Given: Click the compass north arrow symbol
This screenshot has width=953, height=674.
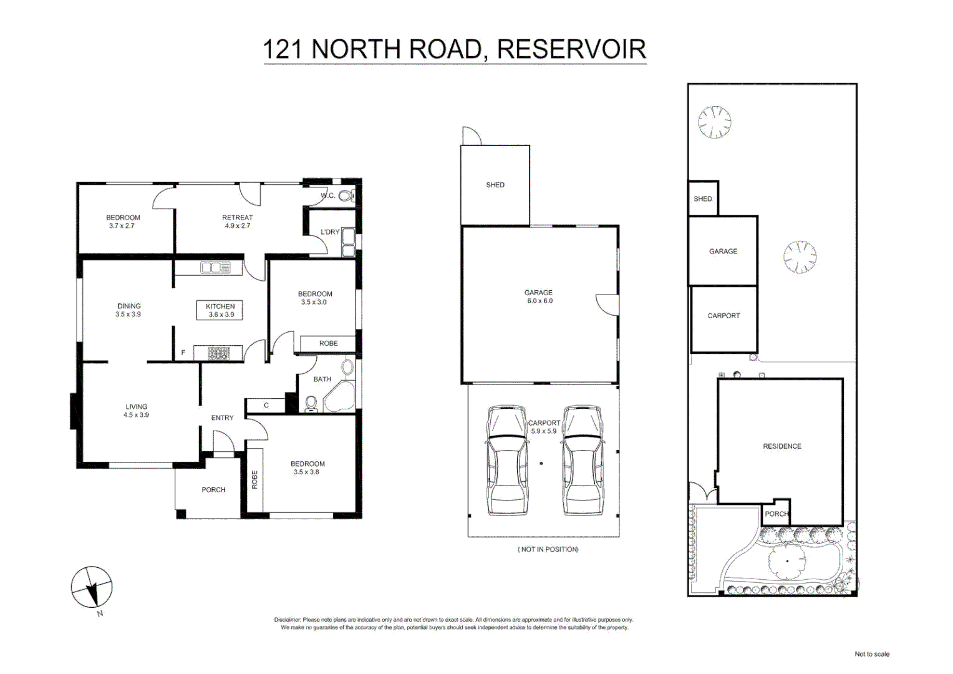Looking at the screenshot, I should click(92, 587).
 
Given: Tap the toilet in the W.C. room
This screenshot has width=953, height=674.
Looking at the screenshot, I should click(345, 196).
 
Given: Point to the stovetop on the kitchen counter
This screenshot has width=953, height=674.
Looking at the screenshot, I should click(219, 353).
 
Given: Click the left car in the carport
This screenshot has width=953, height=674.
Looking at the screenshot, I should click(507, 460).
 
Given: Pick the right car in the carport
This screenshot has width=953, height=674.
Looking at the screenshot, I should click(583, 460).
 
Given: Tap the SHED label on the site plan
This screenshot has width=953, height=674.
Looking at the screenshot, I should click(703, 199).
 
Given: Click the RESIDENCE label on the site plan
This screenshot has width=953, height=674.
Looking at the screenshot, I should click(782, 446).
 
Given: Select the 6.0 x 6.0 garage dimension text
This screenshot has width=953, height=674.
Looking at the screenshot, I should click(539, 301).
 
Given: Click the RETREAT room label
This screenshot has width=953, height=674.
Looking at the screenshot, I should click(237, 218).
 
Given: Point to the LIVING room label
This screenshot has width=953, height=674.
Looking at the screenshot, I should click(136, 407).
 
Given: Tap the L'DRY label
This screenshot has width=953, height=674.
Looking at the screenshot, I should click(330, 232).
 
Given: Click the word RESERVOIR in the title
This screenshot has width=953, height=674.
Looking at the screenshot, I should click(571, 49).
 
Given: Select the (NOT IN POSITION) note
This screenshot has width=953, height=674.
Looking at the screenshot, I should click(548, 549).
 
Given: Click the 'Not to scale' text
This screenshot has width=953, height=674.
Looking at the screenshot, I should click(871, 654).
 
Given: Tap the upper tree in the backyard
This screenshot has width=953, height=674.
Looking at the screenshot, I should click(714, 122).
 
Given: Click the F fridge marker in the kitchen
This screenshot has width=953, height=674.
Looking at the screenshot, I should click(183, 353).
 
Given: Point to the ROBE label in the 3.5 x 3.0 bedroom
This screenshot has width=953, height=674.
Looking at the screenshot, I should click(328, 343).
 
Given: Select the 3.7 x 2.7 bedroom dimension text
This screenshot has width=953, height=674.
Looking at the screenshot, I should click(122, 226).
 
